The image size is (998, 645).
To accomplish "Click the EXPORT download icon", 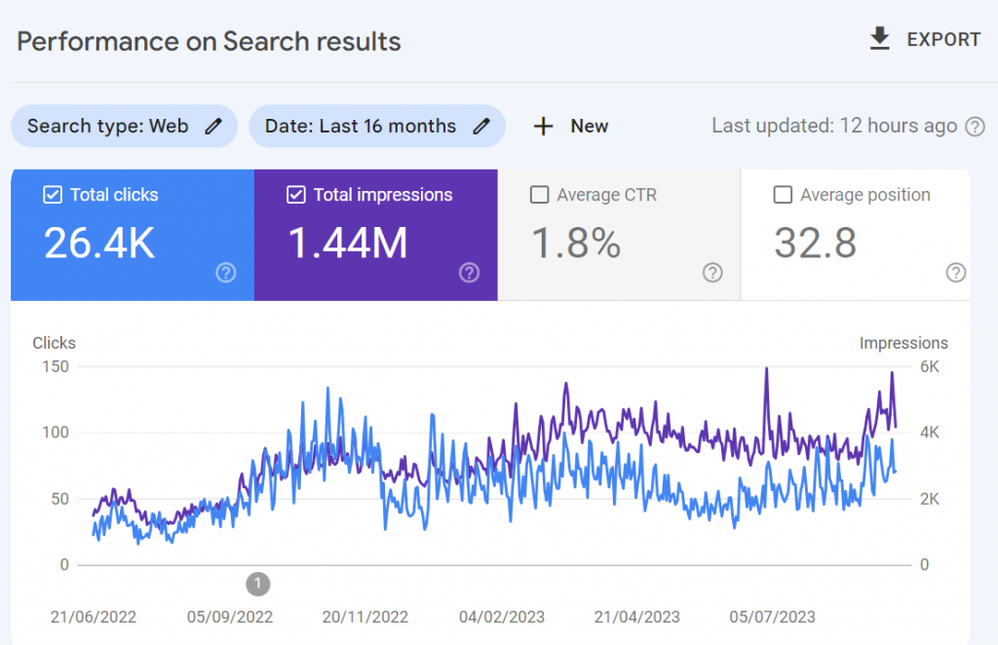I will click(880, 39).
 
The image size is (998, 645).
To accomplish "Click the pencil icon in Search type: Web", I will click(213, 126).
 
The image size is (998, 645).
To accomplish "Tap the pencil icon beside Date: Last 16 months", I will click(480, 126).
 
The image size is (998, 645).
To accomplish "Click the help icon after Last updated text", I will click(975, 126).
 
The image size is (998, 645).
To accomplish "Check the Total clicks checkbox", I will click(53, 195).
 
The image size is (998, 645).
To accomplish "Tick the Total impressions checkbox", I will click(296, 195).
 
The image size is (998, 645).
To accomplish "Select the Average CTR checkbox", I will click(539, 195).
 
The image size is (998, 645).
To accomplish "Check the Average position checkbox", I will click(782, 195).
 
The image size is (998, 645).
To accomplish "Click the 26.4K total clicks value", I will click(99, 244).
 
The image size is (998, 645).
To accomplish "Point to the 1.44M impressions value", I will click(348, 244).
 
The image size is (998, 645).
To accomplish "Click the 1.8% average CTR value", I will click(576, 244).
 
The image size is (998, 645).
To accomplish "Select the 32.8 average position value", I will click(815, 244).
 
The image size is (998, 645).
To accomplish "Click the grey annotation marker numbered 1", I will click(257, 584).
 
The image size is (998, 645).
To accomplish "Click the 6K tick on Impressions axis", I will click(930, 366).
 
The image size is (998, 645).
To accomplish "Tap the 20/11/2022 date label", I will click(365, 617).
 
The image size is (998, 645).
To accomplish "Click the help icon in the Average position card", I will click(955, 273).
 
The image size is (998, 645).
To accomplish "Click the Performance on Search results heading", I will click(209, 42).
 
